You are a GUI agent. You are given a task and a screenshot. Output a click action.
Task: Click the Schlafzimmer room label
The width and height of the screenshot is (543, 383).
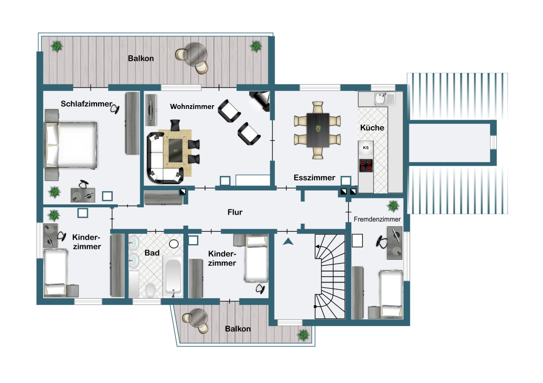pos(87,104)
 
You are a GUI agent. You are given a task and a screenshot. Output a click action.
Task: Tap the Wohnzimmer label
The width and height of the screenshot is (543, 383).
pos(192,106)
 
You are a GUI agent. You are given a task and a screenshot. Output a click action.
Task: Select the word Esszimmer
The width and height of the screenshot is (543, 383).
pos(314,178)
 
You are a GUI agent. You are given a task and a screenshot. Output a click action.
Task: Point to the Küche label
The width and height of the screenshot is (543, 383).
pos(372,128)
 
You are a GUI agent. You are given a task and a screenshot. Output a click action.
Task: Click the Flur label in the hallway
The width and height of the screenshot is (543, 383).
pos(235,212)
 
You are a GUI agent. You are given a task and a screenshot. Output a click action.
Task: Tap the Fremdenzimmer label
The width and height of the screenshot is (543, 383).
pos(377,219)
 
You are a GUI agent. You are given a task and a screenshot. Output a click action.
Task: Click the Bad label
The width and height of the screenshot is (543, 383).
pos(152,253)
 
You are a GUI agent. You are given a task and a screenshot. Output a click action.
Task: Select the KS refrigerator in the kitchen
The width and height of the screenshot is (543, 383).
pos(366,148)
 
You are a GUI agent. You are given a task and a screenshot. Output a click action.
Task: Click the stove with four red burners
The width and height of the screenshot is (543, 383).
pos(366,166)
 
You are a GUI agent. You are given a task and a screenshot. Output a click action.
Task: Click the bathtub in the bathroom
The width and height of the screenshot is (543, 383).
pos(173,276)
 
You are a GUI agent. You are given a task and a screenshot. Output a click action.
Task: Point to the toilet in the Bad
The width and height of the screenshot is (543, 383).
pos(150,291)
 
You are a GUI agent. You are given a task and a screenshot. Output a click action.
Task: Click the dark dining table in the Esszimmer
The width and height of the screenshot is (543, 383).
pos(318,130)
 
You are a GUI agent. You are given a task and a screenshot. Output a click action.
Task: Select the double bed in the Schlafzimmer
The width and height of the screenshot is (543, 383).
pos(71,145)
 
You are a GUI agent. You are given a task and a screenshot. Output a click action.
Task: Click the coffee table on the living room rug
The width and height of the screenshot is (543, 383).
pos(176,151)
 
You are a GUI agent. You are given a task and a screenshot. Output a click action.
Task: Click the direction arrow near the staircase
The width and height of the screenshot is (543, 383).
pos(288,242)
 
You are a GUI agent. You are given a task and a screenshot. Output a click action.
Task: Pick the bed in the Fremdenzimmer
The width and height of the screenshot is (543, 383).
pos(391,293)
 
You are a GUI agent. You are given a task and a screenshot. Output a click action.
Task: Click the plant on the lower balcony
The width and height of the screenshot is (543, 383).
pos(303,335)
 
